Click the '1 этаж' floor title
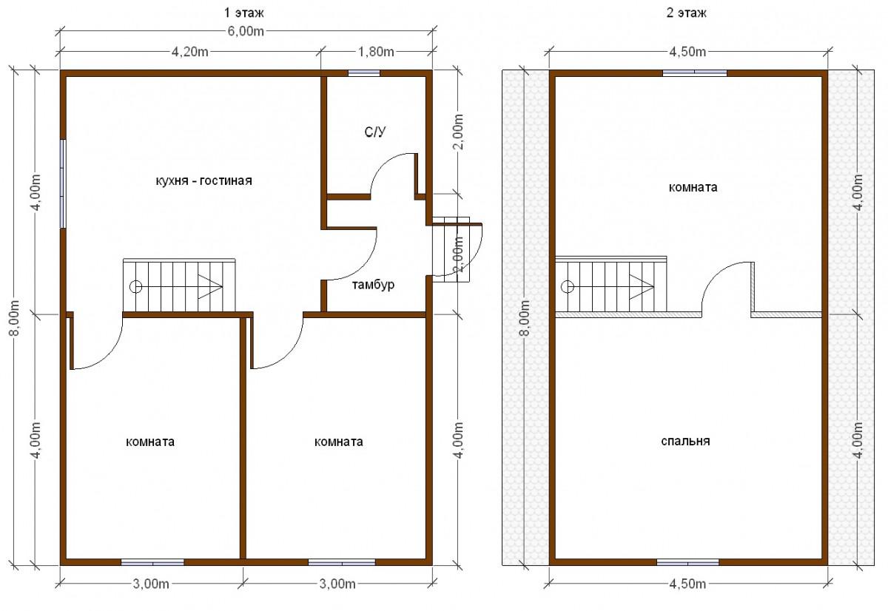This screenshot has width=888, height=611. (x=243, y=13)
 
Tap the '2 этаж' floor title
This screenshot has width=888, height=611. (x=686, y=13)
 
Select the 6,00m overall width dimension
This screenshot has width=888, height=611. (x=246, y=31)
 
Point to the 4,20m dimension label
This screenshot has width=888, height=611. (x=190, y=52)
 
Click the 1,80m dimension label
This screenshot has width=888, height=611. (x=376, y=52)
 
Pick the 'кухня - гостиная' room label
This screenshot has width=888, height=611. (x=203, y=180)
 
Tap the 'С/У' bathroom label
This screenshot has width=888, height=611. (x=374, y=132)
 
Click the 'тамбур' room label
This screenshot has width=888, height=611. (x=373, y=285)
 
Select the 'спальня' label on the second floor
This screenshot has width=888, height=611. (x=685, y=441)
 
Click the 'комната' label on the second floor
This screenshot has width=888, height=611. (x=693, y=187)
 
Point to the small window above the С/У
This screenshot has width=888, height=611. (x=364, y=73)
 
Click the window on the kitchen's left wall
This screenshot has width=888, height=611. (x=63, y=184)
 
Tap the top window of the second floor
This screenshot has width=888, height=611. (x=695, y=73)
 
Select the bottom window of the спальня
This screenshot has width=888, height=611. (x=687, y=562)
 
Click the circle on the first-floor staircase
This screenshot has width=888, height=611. (x=136, y=286)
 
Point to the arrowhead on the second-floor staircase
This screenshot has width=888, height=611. (x=642, y=286)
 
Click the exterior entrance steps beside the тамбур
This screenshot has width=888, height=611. (x=451, y=249)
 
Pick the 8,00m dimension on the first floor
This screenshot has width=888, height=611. (x=14, y=318)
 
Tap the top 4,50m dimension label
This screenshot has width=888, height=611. (x=687, y=52)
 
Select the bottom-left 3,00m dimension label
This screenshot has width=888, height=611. (x=151, y=584)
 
